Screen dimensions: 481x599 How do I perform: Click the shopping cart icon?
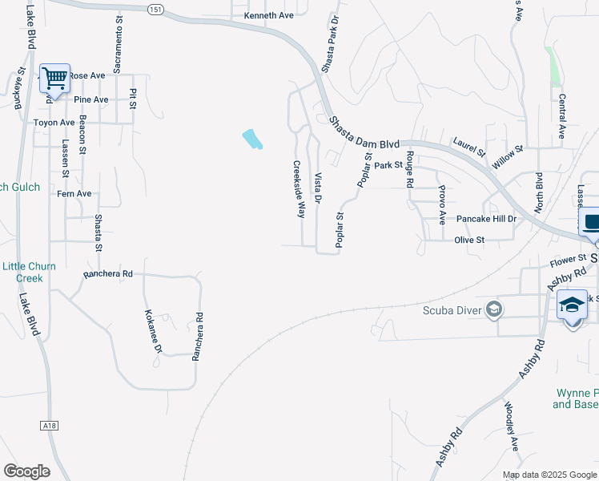point(54,79)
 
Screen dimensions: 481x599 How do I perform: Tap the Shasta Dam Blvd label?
point(365,132)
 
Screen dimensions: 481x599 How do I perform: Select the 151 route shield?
point(155,8)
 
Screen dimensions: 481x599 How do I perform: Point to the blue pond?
point(251,139)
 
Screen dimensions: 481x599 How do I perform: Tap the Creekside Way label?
point(299,189)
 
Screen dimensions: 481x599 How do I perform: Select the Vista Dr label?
point(318,187)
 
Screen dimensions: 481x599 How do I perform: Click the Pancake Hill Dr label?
point(487,219)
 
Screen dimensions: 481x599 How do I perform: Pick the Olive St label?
point(470,240)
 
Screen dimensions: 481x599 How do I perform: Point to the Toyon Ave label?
point(54,123)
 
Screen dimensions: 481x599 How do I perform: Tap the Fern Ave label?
point(74,194)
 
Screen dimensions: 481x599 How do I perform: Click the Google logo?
point(26,471)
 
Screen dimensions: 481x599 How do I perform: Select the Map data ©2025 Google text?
point(549,475)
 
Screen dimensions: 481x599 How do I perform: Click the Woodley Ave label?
point(510,438)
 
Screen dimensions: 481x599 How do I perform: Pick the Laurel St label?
point(469,146)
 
